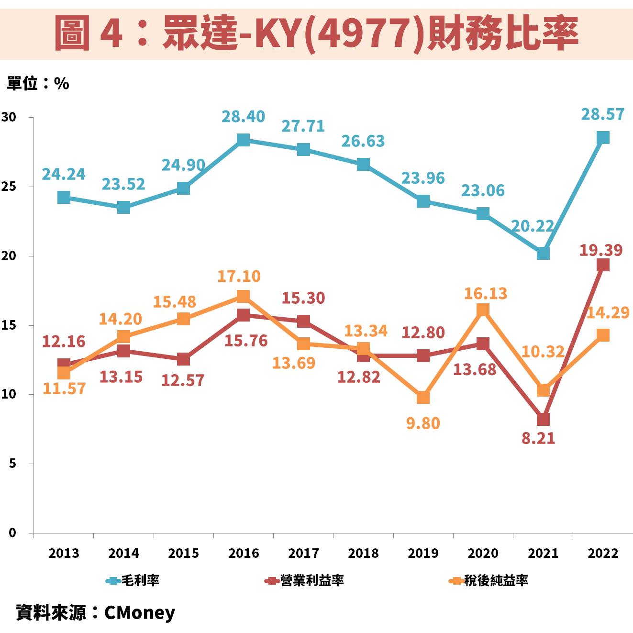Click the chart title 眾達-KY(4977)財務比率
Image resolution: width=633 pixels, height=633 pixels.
click(x=316, y=33)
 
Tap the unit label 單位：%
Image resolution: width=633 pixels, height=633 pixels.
click(x=38, y=84)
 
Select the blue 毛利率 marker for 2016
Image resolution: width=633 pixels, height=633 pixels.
click(x=243, y=140)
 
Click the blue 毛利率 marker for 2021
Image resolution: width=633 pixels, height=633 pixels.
click(x=543, y=253)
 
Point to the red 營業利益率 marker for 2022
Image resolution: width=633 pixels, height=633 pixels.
click(x=603, y=265)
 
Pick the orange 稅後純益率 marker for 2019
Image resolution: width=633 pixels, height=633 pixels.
click(x=423, y=397)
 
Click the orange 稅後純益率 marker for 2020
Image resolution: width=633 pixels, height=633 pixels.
click(x=483, y=310)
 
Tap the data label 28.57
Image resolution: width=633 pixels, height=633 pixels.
click(x=602, y=114)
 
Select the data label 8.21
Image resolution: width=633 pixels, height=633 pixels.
click(x=538, y=438)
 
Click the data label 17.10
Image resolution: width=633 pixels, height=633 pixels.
click(x=239, y=277)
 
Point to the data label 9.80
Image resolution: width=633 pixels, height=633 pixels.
click(x=423, y=423)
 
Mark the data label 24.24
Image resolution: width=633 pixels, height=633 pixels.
click(x=64, y=175)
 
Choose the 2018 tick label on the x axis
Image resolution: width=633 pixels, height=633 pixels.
click(x=363, y=553)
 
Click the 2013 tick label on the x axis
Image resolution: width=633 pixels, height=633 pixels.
click(x=64, y=553)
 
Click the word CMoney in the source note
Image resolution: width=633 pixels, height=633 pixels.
click(x=140, y=612)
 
